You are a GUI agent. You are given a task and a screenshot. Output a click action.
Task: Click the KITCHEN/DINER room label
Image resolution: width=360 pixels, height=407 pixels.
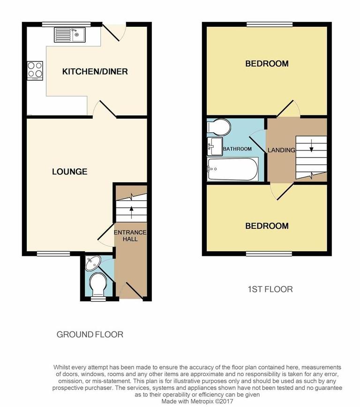[x=95, y=72]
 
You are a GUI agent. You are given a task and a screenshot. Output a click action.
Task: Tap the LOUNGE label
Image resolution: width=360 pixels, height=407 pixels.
[x=69, y=172]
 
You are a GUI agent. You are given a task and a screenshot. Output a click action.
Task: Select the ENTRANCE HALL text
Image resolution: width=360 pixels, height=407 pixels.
[x=131, y=236]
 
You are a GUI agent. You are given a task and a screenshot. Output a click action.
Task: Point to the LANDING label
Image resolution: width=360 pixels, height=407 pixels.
[x=281, y=150]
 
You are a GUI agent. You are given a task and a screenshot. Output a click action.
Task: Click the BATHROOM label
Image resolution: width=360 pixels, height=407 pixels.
[x=237, y=149]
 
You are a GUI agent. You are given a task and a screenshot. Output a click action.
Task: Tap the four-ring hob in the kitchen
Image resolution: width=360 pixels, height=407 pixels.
[x=34, y=70]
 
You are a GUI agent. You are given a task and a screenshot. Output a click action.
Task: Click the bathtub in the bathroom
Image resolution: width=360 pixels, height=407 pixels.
[x=233, y=169]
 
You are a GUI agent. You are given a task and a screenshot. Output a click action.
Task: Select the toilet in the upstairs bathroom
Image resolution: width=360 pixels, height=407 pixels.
[x=219, y=127]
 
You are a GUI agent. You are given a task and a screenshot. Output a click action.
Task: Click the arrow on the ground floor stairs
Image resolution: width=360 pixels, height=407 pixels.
[x=131, y=209]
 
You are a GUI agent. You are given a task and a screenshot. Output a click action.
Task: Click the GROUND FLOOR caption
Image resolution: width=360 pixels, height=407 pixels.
[x=90, y=334]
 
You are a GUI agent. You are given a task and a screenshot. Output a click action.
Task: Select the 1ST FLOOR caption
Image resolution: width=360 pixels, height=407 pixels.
[x=270, y=289]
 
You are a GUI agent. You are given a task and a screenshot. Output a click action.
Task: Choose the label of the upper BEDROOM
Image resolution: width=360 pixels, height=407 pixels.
[x=267, y=64]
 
